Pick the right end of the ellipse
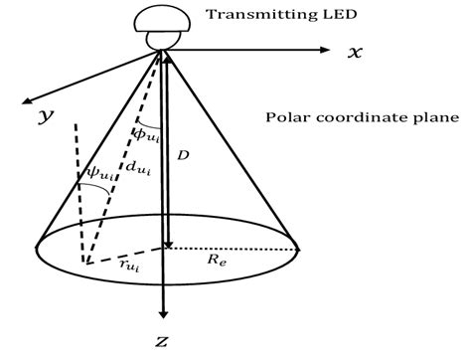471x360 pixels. tap(299, 249)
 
